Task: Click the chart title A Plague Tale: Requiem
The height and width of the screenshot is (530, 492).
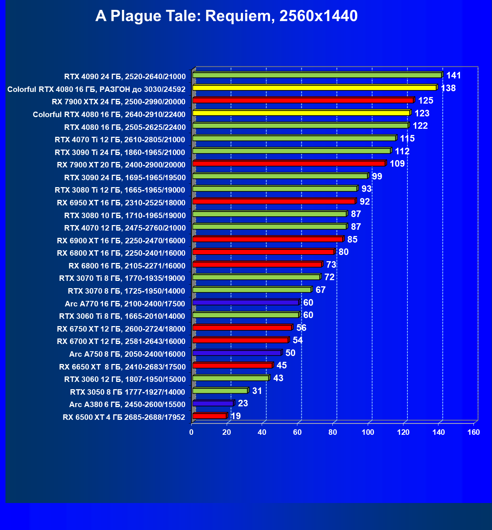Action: click(226, 16)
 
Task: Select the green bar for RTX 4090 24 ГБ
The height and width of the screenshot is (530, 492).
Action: click(317, 75)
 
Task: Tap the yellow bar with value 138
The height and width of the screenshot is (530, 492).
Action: click(314, 88)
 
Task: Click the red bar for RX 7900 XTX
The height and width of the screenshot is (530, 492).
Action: click(303, 100)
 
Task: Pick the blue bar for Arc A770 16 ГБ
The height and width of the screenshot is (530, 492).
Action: click(245, 302)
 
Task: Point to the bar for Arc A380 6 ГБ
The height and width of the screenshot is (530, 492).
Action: click(213, 403)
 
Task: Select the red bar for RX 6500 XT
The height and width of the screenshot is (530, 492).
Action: click(209, 416)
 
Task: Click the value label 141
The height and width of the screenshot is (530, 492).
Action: click(453, 76)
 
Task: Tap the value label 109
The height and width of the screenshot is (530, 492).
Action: click(397, 163)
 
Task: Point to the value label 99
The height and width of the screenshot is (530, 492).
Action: click(377, 177)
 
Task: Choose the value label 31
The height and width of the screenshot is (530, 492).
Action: click(257, 391)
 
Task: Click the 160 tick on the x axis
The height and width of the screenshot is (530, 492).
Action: click(473, 432)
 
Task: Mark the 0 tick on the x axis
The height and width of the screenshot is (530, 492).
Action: click(191, 432)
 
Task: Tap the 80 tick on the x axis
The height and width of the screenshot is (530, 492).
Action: click(332, 432)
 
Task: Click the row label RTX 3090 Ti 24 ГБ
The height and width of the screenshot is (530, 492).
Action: click(120, 152)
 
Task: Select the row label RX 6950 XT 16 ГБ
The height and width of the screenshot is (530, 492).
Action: click(121, 203)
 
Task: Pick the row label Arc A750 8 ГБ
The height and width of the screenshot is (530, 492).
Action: click(127, 354)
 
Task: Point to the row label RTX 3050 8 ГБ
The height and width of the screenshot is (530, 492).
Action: click(128, 392)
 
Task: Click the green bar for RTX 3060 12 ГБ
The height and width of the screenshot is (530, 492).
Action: click(231, 378)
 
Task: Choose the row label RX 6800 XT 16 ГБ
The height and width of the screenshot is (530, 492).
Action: click(121, 253)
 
